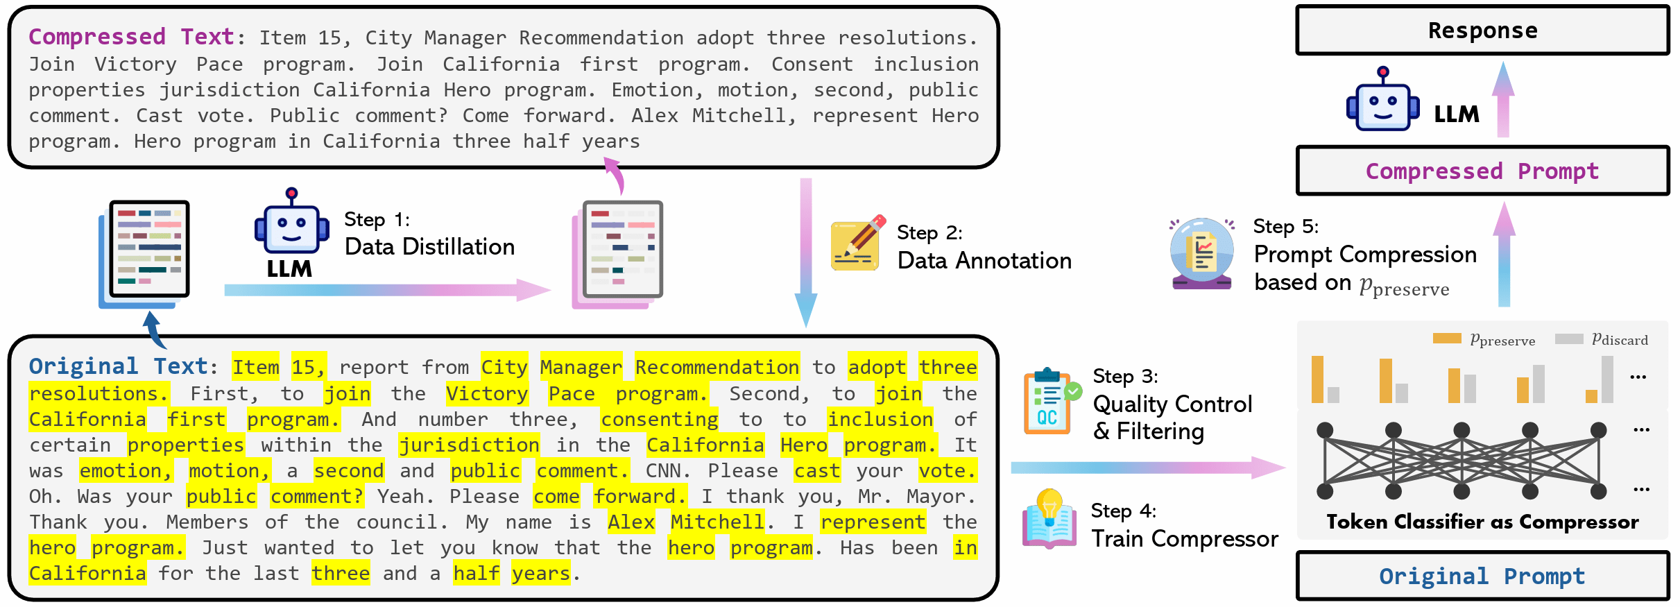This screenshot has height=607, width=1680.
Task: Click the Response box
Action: (1482, 31)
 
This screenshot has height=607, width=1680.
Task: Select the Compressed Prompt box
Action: (1482, 171)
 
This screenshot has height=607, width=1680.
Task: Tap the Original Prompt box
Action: (1482, 576)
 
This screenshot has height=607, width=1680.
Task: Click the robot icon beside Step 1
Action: (291, 225)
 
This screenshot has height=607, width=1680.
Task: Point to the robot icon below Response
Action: (1382, 102)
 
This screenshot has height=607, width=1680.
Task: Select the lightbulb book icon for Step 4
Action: (1049, 520)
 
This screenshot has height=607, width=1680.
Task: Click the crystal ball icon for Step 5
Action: (1201, 253)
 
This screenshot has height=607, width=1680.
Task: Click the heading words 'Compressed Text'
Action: (132, 37)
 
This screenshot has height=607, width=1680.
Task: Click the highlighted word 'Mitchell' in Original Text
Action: (718, 522)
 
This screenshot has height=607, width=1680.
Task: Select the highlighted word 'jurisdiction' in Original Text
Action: (470, 445)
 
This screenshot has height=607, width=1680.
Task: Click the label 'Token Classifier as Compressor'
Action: (1482, 522)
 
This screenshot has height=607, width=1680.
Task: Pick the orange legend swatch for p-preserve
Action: (1447, 339)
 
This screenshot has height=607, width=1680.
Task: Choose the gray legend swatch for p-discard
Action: (1569, 339)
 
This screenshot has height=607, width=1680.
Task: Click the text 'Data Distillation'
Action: (429, 247)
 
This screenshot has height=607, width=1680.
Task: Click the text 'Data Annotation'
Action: (984, 261)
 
